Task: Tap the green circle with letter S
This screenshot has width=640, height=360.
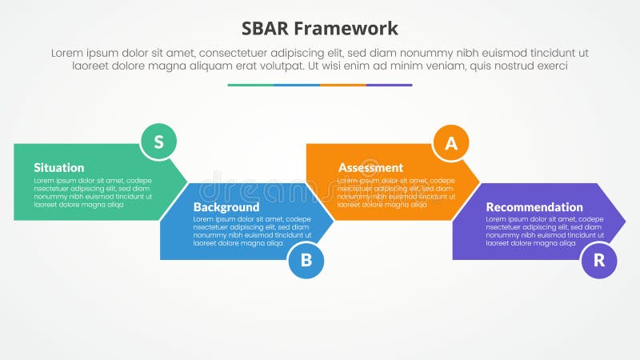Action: coord(158,142)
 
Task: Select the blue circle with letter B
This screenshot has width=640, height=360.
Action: coord(306,260)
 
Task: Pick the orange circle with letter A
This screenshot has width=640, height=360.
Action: coord(451,143)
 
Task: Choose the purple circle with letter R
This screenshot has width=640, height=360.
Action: coord(598,260)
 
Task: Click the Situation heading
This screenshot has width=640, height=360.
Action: coord(58,168)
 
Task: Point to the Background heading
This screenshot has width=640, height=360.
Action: coord(226,207)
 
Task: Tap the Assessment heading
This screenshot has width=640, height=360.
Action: coord(370,168)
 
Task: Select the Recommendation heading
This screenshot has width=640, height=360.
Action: coord(534,207)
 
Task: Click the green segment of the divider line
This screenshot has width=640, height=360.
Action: coord(250,85)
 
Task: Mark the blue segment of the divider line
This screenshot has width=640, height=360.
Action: coord(297,85)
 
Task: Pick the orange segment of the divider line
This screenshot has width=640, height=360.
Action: coord(343,85)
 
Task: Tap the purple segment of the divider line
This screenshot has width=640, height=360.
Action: coord(390,85)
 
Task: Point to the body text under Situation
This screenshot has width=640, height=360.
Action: coord(92,193)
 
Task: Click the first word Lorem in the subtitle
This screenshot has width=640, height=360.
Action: coord(69,53)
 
